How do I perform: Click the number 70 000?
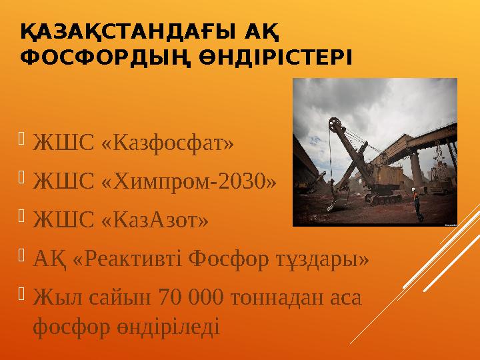pyautogui.click(x=188, y=296)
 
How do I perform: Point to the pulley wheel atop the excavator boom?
pyautogui.click(x=334, y=124)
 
